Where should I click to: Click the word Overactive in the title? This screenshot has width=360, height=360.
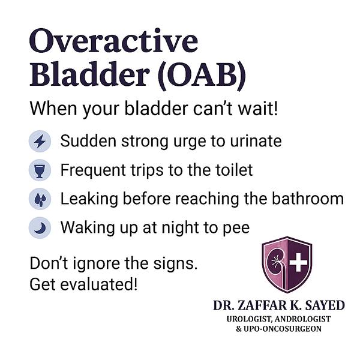[113, 41]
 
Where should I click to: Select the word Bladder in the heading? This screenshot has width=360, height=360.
[89, 73]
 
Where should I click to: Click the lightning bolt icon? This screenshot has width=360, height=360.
[40, 141]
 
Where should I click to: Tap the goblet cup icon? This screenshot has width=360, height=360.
[40, 170]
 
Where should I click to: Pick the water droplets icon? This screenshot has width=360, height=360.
[40, 199]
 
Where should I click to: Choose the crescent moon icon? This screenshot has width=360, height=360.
[40, 227]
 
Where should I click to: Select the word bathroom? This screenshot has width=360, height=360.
[308, 198]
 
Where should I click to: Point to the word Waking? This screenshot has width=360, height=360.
[88, 229]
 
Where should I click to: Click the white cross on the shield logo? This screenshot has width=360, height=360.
[298, 263]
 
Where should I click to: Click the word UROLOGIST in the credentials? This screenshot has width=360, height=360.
[249, 319]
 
